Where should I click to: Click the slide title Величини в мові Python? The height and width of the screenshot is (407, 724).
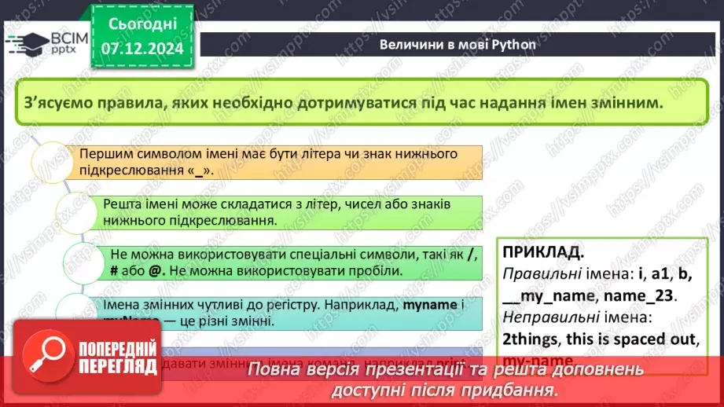pyautogui.click(x=458, y=44)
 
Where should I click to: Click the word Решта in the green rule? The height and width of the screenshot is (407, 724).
pyautogui.click(x=122, y=204)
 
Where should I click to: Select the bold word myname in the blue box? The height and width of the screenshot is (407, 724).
pyautogui.click(x=428, y=303)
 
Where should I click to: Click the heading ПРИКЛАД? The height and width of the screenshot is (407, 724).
pyautogui.click(x=543, y=253)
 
